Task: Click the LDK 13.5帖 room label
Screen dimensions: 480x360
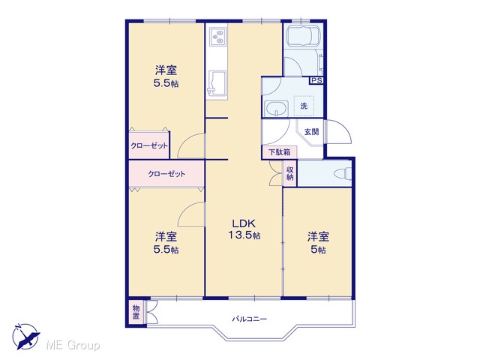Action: [x=244, y=229]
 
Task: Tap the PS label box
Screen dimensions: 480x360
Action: [x=316, y=80]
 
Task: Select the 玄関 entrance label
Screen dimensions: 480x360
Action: [x=311, y=132]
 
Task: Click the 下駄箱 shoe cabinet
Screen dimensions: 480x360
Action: [x=280, y=152]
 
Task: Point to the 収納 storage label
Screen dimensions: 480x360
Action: [x=290, y=173]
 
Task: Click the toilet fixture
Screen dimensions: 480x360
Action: [x=343, y=173]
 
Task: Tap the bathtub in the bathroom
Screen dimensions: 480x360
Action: [x=303, y=37]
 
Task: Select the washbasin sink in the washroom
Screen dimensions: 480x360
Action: [x=276, y=109]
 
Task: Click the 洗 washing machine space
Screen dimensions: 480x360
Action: [x=304, y=106]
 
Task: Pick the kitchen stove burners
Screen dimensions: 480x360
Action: [x=218, y=37]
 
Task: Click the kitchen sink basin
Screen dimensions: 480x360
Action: [x=217, y=83]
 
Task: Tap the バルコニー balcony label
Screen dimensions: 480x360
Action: [x=249, y=319]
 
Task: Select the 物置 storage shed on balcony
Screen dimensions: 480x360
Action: [x=136, y=312]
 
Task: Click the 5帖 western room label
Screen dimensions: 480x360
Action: [x=318, y=243]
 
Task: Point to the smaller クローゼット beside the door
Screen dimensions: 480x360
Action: [x=149, y=145]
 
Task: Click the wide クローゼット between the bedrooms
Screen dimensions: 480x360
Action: [x=166, y=173]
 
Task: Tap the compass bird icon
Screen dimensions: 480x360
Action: [x=27, y=337]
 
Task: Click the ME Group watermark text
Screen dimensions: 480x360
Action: [x=73, y=346]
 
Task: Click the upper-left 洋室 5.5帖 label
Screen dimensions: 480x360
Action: [x=166, y=76]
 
